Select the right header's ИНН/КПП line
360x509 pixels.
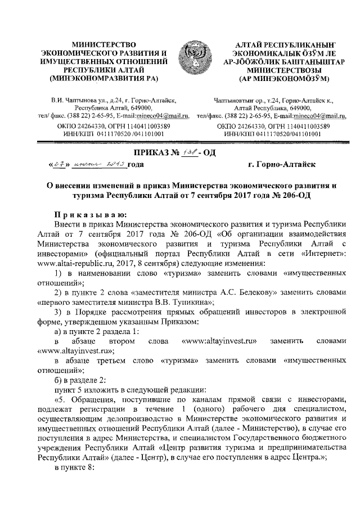[x=273, y=135]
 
